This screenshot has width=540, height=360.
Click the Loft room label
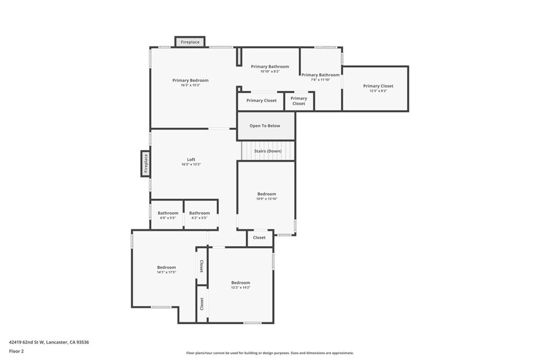[x=191, y=159]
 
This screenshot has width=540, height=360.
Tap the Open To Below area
[x=266, y=126]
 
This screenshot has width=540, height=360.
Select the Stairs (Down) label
[x=267, y=151]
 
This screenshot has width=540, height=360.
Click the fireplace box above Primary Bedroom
[x=190, y=42]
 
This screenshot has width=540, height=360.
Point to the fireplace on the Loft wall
[x=146, y=163]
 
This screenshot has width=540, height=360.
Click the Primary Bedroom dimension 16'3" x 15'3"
[x=190, y=85]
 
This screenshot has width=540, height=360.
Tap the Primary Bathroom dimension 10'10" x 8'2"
[x=270, y=71]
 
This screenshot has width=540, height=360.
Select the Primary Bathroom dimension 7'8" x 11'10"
[x=321, y=80]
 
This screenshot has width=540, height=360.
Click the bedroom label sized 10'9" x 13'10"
[x=266, y=194]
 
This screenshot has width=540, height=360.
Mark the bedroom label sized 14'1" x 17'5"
[x=166, y=267]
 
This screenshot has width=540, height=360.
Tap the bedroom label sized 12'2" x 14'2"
[x=240, y=283]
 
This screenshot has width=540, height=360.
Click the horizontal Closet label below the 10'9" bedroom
[x=259, y=238]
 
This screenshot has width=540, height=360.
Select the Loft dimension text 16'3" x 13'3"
[x=191, y=164]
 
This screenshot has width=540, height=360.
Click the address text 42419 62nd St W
[x=26, y=343]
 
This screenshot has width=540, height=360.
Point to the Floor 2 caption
[x=16, y=352]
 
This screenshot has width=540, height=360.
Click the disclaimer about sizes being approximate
[x=269, y=353]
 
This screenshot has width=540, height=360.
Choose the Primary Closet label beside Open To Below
[x=262, y=101]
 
